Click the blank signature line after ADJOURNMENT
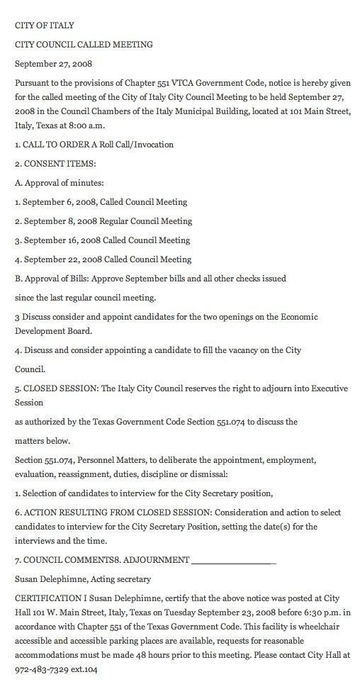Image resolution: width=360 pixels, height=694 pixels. pyautogui.click(x=233, y=560)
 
